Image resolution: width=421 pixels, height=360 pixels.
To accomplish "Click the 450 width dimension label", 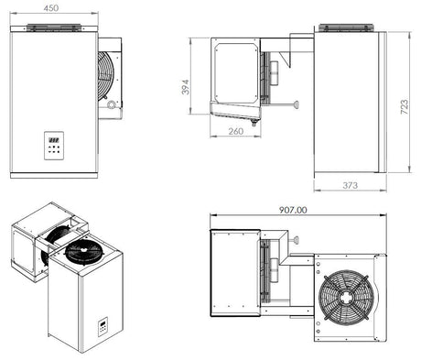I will click(x=52, y=8).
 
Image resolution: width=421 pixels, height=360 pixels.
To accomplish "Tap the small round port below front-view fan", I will click(x=112, y=105).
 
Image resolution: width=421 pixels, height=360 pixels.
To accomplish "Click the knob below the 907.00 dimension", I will click(x=297, y=238).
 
